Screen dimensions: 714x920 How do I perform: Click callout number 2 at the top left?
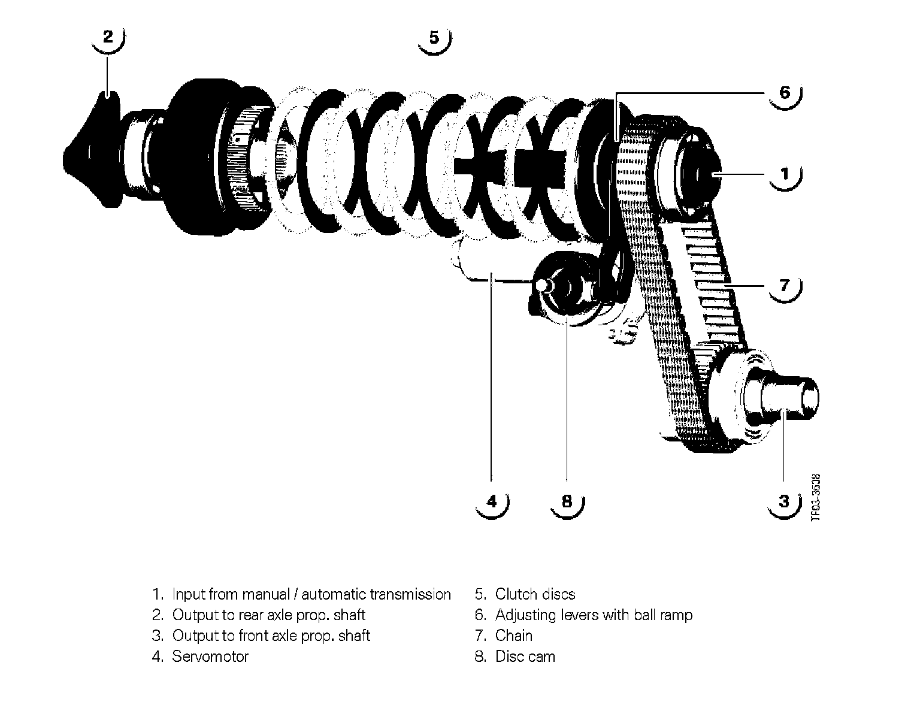pyautogui.click(x=107, y=37)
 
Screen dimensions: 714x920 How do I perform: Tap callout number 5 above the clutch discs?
pyautogui.click(x=434, y=38)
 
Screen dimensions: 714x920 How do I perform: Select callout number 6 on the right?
pyautogui.click(x=785, y=92)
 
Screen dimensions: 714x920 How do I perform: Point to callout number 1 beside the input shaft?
pyautogui.click(x=785, y=174)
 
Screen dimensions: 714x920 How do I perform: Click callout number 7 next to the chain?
pyautogui.click(x=785, y=285)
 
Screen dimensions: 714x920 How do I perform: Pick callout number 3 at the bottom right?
pyautogui.click(x=785, y=500)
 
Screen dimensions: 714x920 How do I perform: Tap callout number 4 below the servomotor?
pyautogui.click(x=492, y=501)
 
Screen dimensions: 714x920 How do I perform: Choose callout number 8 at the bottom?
pyautogui.click(x=567, y=501)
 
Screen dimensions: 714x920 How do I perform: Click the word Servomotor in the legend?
pyautogui.click(x=210, y=656)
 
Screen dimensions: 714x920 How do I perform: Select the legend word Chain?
pyautogui.click(x=513, y=636)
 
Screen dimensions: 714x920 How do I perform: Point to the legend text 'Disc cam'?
pyautogui.click(x=525, y=656)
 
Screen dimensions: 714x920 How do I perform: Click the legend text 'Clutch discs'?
pyautogui.click(x=535, y=594)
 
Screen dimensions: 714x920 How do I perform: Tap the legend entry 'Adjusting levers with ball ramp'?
pyautogui.click(x=594, y=615)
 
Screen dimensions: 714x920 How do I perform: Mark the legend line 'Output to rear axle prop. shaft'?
pyautogui.click(x=268, y=615)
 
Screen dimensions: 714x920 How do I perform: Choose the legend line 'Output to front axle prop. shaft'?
pyautogui.click(x=271, y=636)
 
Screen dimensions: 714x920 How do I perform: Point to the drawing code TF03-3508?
pyautogui.click(x=815, y=498)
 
